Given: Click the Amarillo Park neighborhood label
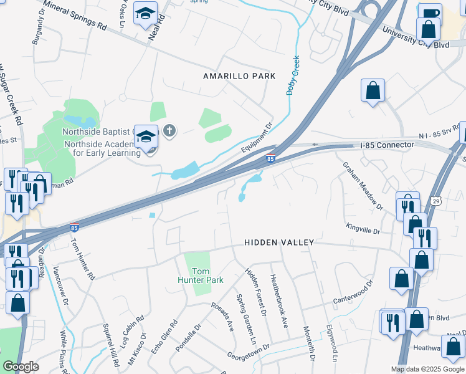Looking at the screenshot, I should point(239,76).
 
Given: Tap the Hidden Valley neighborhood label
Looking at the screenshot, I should point(279,242).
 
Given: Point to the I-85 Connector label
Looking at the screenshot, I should point(387,145).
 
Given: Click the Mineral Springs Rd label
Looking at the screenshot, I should point(75,18).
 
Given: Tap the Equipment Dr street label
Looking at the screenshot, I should point(257,139).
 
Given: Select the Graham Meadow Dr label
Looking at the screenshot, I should point(362,185).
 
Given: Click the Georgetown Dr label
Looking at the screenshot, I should point(248,352).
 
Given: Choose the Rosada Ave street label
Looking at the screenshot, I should point(222,317).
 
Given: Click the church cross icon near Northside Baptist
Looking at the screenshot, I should point(169,131).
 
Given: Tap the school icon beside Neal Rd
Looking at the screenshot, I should point(146,12).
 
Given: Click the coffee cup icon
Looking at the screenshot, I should point(429,14).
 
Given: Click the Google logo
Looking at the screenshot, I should point(21,367).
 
